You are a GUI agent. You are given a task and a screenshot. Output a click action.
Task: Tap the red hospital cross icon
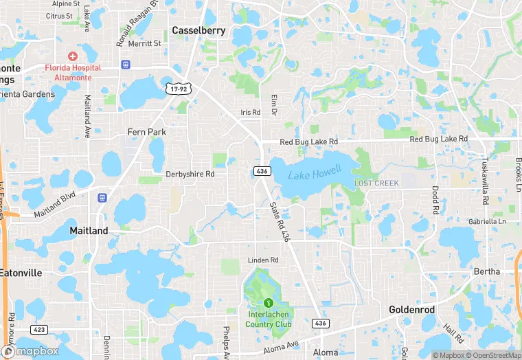tap(73, 56)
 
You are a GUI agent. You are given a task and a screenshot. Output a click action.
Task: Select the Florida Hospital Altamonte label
tap(73, 72)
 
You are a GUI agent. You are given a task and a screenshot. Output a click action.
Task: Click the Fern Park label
tap(147, 132)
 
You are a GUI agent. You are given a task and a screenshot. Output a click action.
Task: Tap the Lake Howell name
tap(314, 175)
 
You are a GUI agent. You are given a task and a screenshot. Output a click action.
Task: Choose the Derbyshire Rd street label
tap(190, 175)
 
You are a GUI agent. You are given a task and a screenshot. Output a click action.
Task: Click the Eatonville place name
tap(21, 273)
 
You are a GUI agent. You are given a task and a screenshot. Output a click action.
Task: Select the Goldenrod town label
tap(411, 310)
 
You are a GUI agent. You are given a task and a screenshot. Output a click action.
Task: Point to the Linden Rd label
tap(263, 260)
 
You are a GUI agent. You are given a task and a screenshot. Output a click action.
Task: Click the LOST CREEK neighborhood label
tap(376, 183)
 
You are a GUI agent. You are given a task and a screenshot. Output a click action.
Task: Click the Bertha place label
tap(487, 271)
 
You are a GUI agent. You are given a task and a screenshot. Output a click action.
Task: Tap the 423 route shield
tap(40, 330)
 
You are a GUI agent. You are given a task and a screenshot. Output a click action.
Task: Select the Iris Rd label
tap(251, 113)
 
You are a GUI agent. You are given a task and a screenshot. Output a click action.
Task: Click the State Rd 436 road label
tap(280, 221)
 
